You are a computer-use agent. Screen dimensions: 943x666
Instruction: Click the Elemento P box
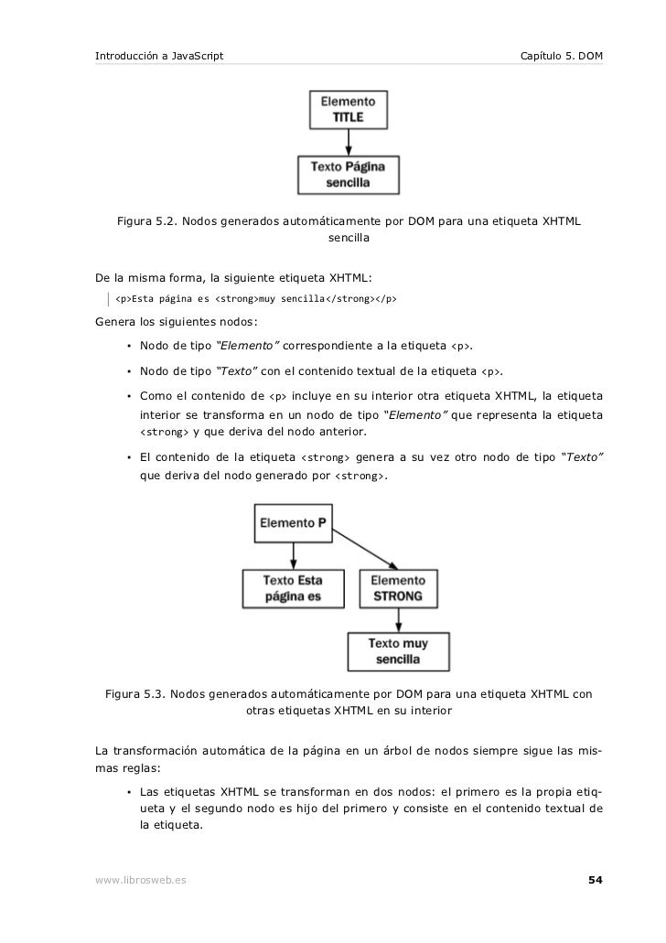[293, 524]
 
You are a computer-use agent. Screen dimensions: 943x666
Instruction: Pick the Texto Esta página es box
[293, 588]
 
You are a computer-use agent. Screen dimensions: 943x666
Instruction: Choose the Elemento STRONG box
[398, 588]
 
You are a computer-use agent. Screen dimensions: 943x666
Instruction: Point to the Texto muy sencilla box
[398, 650]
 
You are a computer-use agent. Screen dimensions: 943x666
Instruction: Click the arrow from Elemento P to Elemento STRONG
[366, 549]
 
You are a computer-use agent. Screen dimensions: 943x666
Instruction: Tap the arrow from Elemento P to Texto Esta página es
[293, 554]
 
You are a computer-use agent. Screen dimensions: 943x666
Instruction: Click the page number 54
[595, 881]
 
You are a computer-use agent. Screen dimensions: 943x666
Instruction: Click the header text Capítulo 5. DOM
[561, 58]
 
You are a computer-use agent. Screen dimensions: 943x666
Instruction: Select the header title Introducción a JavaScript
[159, 58]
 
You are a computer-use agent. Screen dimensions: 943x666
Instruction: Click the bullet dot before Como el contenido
[131, 397]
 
